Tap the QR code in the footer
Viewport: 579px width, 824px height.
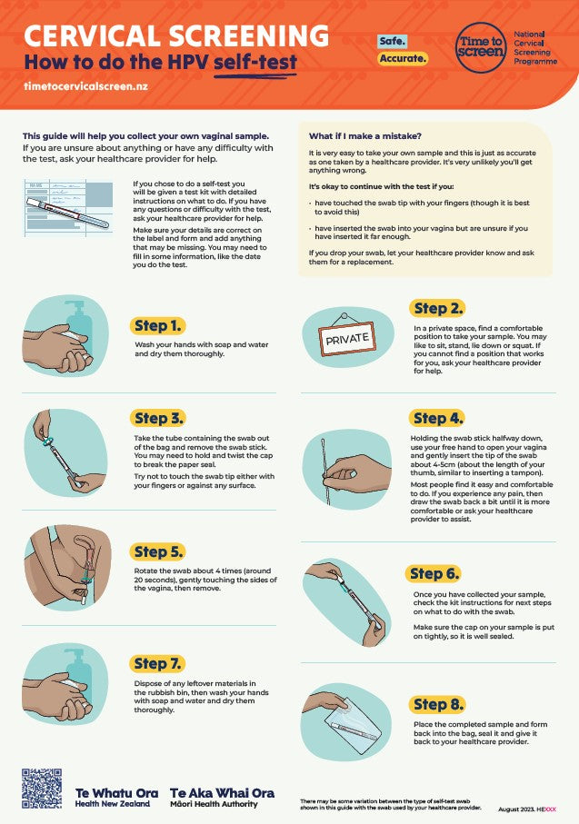(x=41, y=789)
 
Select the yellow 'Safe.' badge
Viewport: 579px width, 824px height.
(x=393, y=42)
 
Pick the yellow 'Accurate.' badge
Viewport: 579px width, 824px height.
(x=403, y=58)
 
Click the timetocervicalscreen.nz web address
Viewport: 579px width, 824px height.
(x=85, y=87)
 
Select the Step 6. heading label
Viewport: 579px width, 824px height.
(x=434, y=573)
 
